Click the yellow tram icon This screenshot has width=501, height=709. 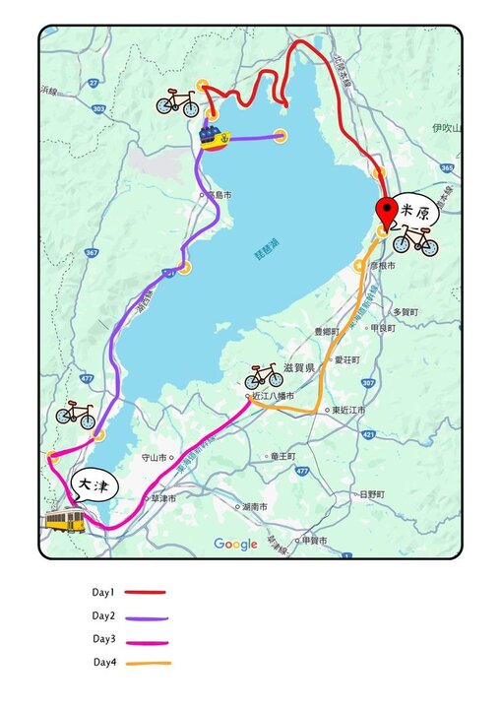65,521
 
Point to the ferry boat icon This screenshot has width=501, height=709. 213,137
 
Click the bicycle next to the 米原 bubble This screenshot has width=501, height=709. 414,239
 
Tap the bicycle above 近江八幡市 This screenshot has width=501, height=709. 264,375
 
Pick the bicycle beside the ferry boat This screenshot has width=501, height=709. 177,101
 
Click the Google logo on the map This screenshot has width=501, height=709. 235,545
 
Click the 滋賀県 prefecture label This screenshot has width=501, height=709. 298,367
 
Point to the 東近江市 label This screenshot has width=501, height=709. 347,410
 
